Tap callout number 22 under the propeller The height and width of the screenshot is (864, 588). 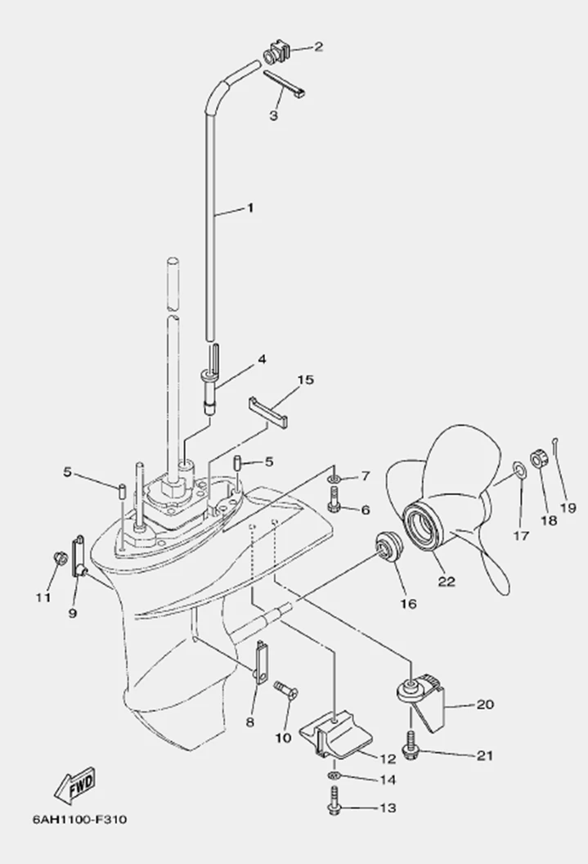(x=447, y=581)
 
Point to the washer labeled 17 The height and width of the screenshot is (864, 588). (x=519, y=470)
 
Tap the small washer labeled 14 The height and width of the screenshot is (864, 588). (x=334, y=776)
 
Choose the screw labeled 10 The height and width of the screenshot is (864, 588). (x=285, y=689)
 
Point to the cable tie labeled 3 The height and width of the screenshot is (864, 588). (x=287, y=84)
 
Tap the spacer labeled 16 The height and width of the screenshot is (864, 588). (x=388, y=547)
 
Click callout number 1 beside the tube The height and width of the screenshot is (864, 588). (x=250, y=208)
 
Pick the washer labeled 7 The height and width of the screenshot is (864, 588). (x=336, y=477)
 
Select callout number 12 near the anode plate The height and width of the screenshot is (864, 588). (x=388, y=758)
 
